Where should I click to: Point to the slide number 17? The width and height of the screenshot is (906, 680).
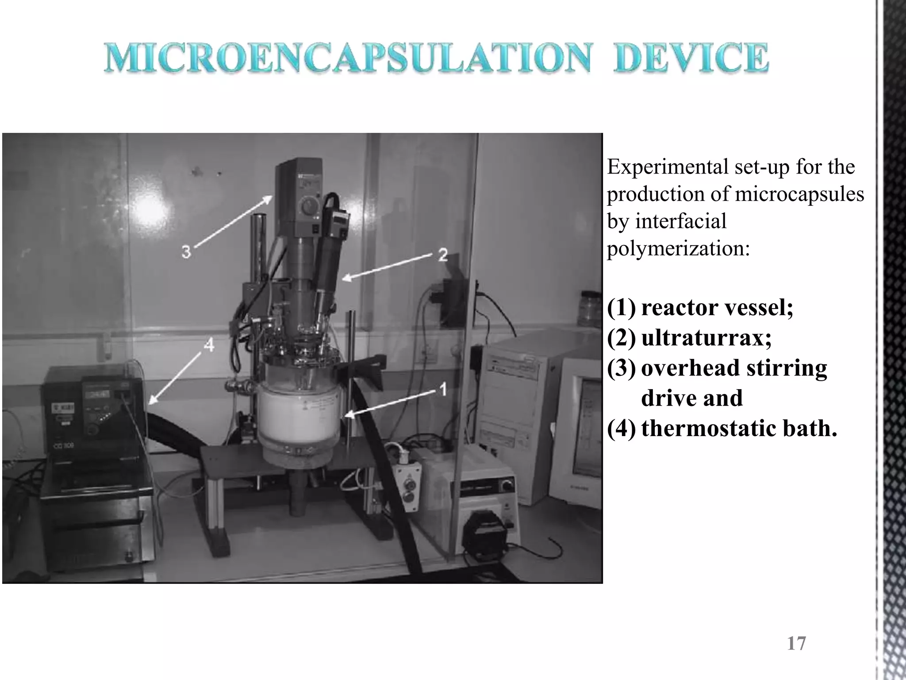click(796, 643)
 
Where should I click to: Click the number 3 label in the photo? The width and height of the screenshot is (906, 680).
click(186, 252)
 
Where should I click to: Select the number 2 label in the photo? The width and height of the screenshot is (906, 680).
click(442, 255)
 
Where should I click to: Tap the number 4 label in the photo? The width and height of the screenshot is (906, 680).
click(209, 345)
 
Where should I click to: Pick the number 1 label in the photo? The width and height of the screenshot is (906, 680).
click(443, 390)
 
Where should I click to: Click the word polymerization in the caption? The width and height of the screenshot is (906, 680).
click(678, 248)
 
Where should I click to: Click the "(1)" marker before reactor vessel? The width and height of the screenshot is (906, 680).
click(621, 308)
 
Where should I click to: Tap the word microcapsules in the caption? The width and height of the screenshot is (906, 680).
click(799, 194)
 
